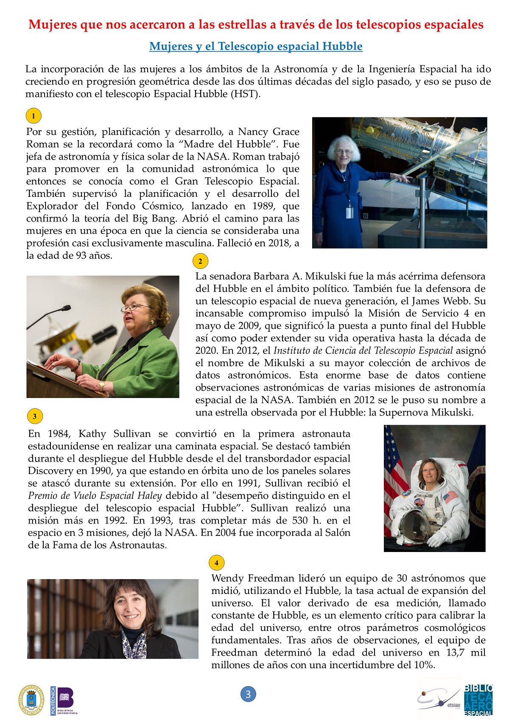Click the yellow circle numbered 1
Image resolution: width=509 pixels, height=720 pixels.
tap(34, 116)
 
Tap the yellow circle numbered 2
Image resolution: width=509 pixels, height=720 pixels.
tap(200, 261)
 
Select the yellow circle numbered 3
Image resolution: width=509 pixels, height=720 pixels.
tap(35, 416)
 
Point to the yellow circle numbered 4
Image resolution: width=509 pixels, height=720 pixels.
tap(216, 563)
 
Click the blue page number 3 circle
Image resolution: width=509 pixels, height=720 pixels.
tap(248, 695)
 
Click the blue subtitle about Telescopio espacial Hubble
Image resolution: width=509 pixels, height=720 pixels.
tap(256, 46)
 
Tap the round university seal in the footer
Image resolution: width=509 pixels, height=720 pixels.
tap(31, 700)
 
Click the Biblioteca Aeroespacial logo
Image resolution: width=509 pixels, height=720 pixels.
tap(478, 700)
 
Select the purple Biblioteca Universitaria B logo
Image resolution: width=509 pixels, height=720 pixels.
tap(64, 700)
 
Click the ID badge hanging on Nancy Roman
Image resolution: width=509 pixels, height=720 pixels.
tap(350, 212)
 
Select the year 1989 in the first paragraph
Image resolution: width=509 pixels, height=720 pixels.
tap(264, 206)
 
